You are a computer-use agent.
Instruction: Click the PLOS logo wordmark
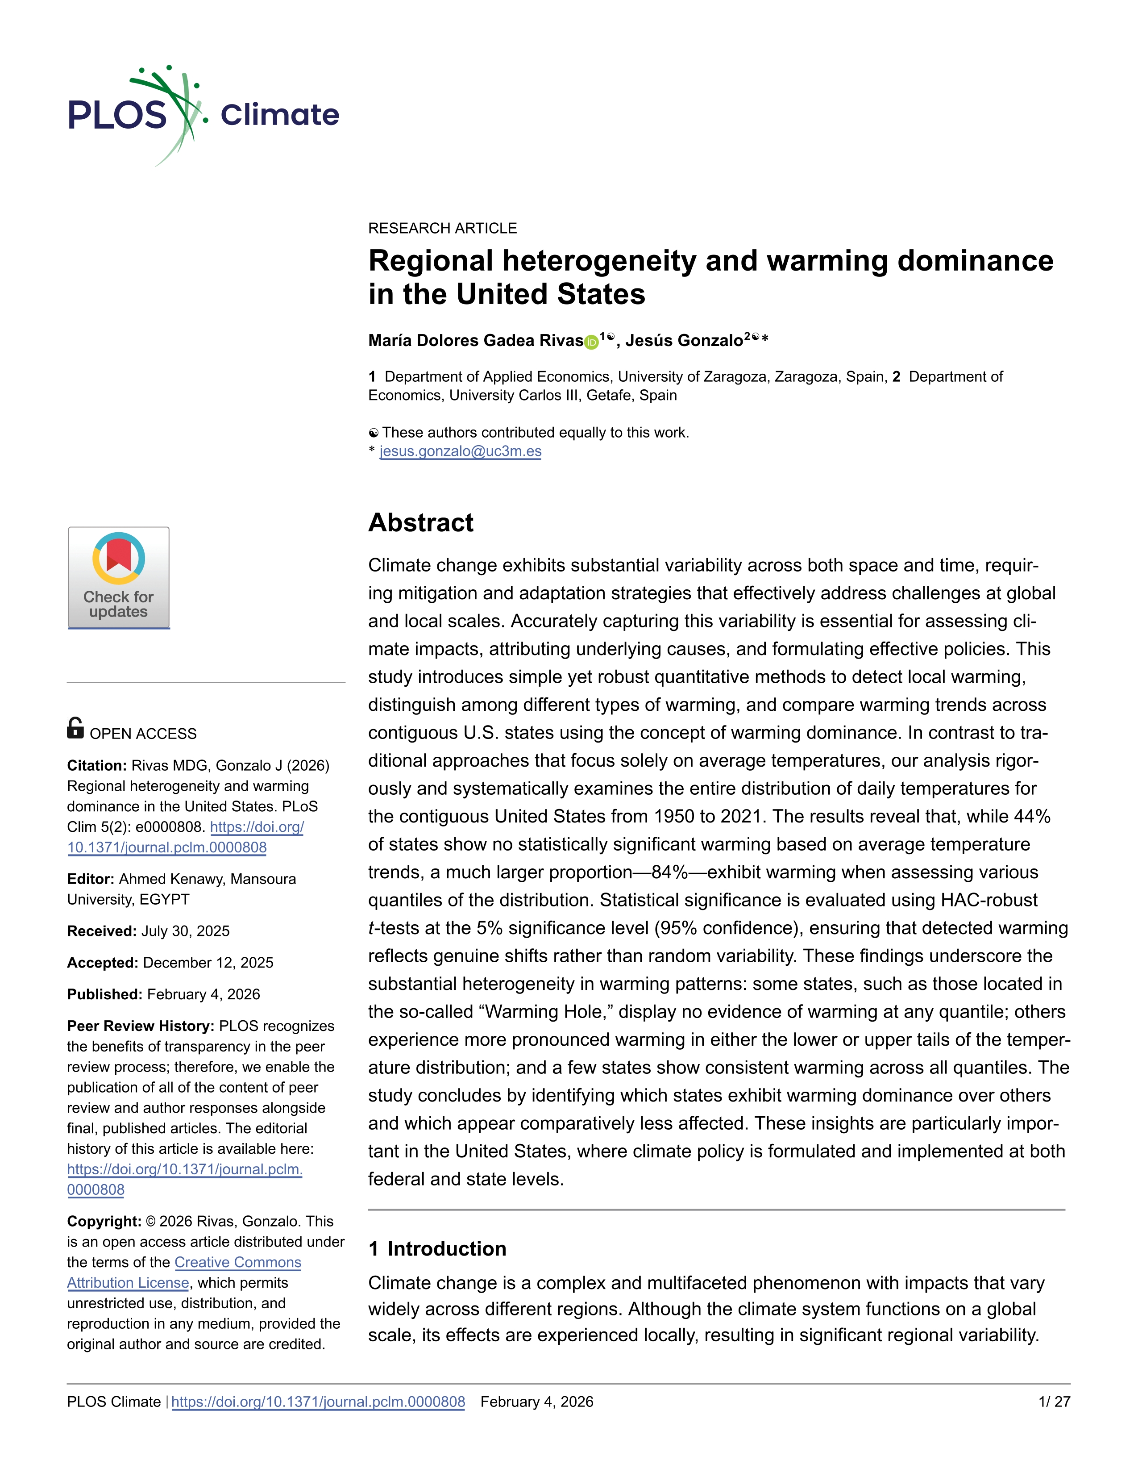pos(116,115)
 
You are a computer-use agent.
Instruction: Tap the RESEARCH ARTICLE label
pos(442,228)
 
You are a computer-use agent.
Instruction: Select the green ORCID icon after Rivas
pos(591,342)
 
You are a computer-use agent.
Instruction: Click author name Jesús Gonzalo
pos(684,341)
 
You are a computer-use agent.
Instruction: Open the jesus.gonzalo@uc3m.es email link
pos(461,451)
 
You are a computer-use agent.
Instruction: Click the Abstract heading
pos(421,523)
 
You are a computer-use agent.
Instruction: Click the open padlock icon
pos(75,728)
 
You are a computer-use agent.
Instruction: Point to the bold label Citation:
pos(96,765)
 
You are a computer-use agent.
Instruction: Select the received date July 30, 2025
pos(185,931)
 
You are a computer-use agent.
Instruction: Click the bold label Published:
pos(104,994)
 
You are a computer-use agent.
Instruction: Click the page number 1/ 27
pos(1054,1402)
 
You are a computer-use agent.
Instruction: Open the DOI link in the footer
pos(318,1402)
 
